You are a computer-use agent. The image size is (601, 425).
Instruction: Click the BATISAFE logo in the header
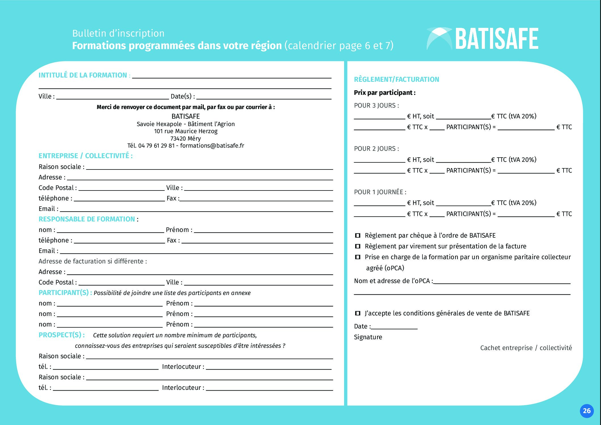point(483,39)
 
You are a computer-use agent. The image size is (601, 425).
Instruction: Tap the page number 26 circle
point(587,411)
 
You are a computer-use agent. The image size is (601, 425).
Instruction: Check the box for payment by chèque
point(358,235)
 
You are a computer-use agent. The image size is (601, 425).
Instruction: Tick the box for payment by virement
point(358,246)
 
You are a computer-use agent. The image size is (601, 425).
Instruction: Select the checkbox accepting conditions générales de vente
point(358,313)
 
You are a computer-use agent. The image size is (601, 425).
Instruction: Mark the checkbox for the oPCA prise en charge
point(358,257)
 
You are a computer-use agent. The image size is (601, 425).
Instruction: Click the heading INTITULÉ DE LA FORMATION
point(83,75)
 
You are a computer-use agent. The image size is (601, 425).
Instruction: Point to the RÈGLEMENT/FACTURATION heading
point(396,79)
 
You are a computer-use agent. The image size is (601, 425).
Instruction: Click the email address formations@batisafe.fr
point(212,146)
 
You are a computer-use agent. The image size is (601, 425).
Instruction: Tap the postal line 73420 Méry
point(186,139)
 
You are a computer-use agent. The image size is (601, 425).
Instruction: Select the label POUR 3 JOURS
point(376,106)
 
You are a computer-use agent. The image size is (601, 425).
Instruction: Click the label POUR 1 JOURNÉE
point(380,192)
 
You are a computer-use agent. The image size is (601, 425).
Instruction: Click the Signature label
point(368,337)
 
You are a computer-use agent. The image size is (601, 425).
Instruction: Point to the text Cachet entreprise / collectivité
point(526,348)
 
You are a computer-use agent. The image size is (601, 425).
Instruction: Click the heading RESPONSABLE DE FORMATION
point(87,219)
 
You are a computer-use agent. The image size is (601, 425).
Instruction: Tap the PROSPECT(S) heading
point(61,335)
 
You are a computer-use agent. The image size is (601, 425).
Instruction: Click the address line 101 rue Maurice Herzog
point(186,131)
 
